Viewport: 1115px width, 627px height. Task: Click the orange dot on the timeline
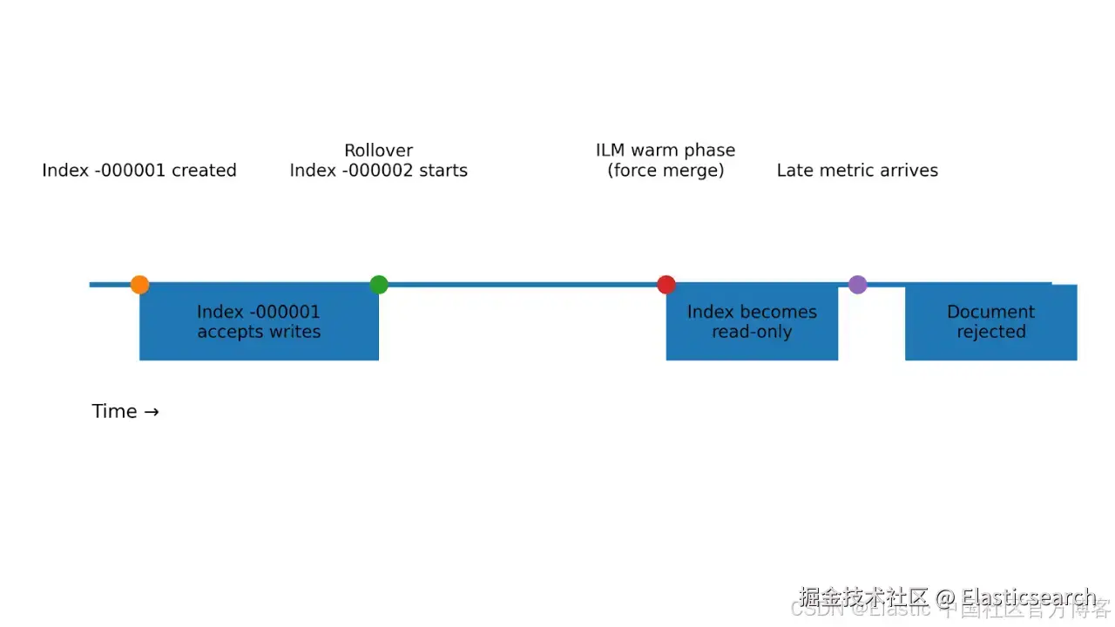tap(139, 285)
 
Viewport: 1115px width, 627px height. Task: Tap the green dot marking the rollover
tap(378, 285)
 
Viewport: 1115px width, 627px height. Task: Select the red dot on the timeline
tap(666, 285)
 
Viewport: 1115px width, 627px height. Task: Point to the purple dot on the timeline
tap(858, 285)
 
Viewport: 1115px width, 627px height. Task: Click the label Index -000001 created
tap(139, 171)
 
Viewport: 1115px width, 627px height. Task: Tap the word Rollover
tap(378, 151)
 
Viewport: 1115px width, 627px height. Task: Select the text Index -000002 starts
tap(378, 171)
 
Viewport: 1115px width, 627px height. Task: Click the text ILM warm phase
tap(666, 151)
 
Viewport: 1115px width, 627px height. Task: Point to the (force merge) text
tap(666, 171)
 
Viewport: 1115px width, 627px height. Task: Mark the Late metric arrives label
tap(857, 171)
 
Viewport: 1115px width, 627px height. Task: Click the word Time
tap(114, 412)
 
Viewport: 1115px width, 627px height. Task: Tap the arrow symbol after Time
tap(152, 412)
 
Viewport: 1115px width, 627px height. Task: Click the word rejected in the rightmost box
tap(991, 332)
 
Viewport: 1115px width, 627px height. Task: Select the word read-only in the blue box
tap(752, 332)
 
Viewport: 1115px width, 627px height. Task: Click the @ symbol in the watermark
tap(945, 598)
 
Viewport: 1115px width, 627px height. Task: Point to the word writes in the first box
tap(295, 332)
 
